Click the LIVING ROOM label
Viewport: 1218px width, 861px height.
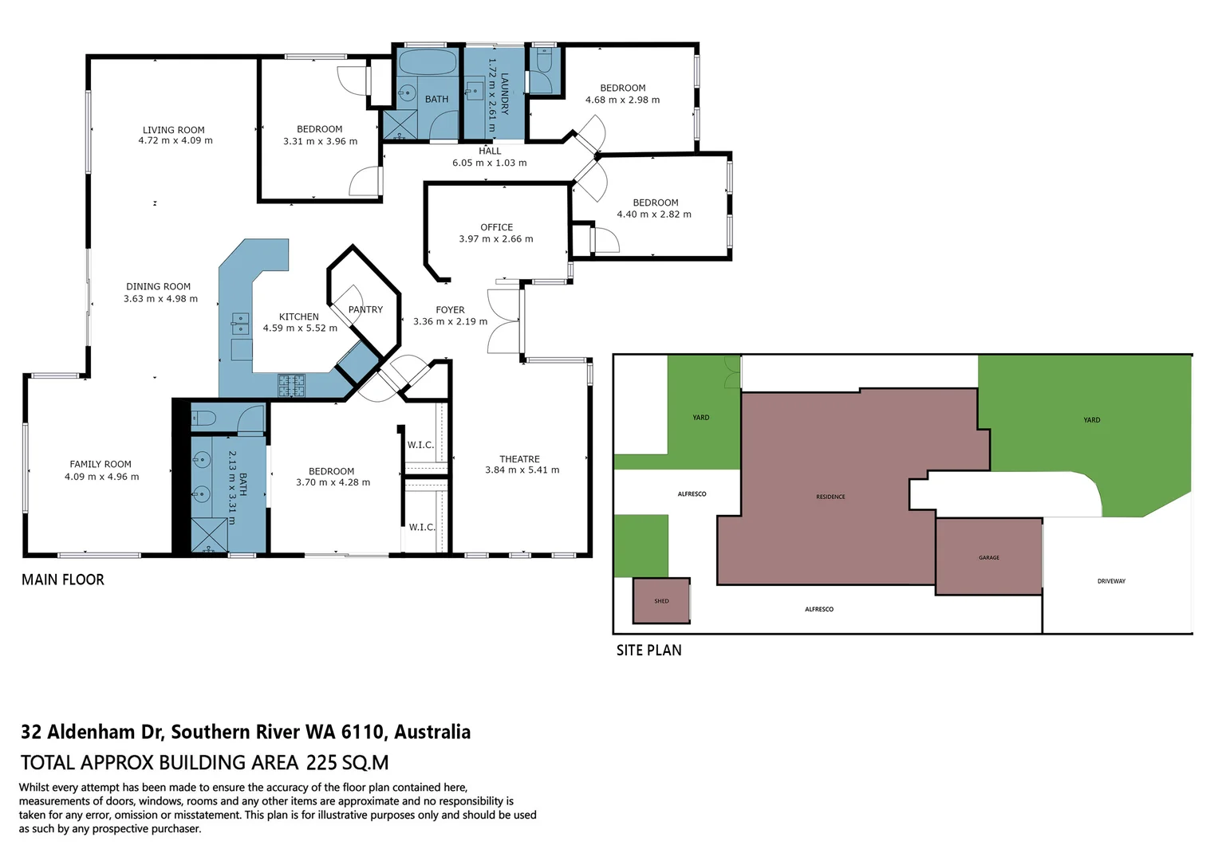174,130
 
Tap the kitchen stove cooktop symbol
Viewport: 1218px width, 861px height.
291,386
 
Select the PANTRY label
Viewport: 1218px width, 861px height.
365,309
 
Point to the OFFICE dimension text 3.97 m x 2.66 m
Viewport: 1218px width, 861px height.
496,239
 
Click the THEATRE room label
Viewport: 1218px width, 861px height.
519,459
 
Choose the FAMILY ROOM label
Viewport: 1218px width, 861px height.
101,464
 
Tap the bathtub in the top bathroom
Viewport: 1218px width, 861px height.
427,63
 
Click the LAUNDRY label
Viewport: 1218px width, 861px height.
504,94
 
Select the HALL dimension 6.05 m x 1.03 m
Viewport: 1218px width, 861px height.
490,163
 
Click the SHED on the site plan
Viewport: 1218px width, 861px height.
661,601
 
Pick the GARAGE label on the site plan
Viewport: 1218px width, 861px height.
989,557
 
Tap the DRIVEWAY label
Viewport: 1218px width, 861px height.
1111,581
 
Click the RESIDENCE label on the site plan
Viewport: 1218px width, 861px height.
830,497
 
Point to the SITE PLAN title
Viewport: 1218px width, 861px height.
648,651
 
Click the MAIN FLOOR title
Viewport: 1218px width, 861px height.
63,580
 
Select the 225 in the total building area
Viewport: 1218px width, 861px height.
321,763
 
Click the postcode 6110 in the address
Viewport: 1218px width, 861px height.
362,732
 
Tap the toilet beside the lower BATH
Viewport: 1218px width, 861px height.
204,418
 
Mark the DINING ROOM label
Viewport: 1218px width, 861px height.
158,286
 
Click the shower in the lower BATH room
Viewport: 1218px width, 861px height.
209,535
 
